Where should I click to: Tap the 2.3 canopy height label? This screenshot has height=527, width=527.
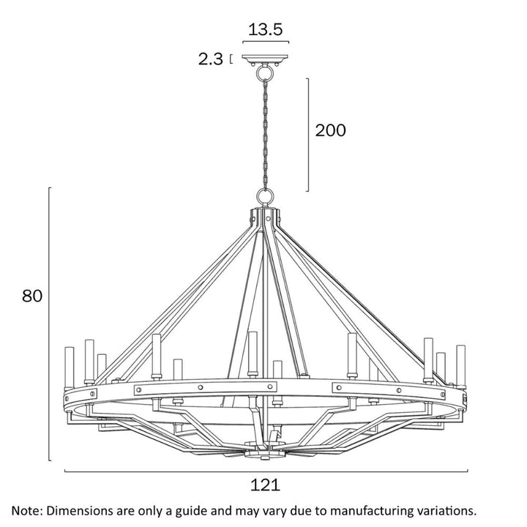[210, 60]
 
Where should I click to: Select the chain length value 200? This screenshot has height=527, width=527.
[330, 130]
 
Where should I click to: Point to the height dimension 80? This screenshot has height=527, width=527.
[31, 296]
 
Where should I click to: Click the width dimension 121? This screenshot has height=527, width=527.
[265, 485]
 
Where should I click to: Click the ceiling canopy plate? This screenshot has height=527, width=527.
[265, 61]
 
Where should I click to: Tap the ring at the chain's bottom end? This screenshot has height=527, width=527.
[264, 197]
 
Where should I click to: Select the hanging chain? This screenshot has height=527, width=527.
[264, 128]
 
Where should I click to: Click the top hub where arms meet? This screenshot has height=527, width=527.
[265, 217]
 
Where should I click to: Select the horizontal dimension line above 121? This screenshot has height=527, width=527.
[265, 471]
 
